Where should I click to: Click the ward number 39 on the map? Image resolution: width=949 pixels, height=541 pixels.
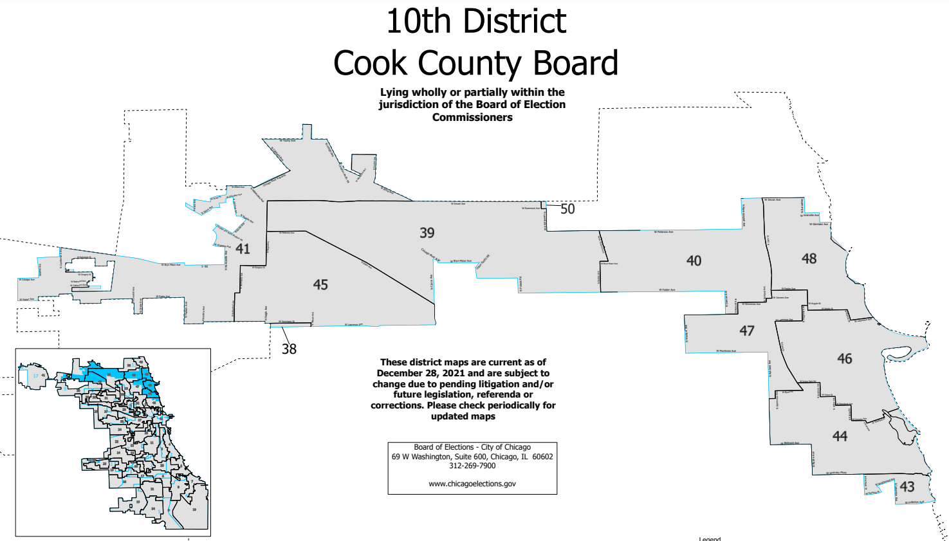point(427,233)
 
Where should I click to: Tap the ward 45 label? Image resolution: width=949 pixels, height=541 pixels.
point(320,284)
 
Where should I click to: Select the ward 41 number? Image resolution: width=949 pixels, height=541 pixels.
point(243,248)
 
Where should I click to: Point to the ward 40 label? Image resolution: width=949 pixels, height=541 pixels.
point(694,261)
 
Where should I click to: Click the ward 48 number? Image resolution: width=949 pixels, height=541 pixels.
point(809,259)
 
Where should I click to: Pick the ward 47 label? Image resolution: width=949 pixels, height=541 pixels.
point(746,331)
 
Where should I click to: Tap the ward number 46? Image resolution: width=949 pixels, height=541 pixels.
point(845,358)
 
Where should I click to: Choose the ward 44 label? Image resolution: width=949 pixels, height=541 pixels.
point(840,436)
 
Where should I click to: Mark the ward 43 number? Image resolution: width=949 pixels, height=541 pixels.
point(907,486)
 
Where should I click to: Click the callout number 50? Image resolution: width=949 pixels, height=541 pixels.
point(567,209)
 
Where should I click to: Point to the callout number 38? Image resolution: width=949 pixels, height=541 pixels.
point(289,349)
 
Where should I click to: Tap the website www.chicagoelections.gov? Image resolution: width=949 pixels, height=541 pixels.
point(472,484)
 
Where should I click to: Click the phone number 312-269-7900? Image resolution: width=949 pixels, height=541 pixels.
point(472,466)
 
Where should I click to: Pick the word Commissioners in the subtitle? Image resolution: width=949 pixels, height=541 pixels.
point(472,117)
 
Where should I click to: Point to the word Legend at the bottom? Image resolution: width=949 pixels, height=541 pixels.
point(710,538)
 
